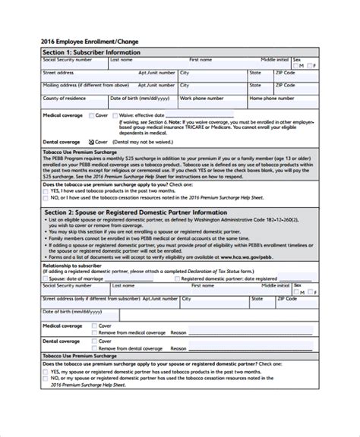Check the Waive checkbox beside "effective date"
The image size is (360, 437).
pos(115,115)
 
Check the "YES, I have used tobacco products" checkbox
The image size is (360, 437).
pos(45,190)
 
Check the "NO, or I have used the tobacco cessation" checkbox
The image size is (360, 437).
pos(45,196)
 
